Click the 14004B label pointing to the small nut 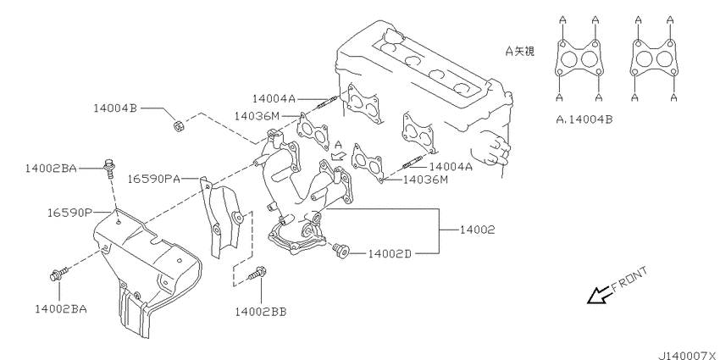pos(115,108)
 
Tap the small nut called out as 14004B pos(178,125)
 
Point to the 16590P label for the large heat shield pos(69,213)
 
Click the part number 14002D pos(390,254)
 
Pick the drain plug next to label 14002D pos(341,250)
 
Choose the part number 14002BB pos(260,312)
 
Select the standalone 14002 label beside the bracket pos(478,230)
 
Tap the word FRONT pos(629,280)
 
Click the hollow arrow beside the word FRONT pos(598,296)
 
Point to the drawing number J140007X pos(690,356)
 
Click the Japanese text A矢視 pos(520,52)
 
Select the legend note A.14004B pos(584,119)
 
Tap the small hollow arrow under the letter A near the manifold pos(337,155)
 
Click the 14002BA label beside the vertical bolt pos(51,169)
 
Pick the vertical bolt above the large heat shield pos(110,168)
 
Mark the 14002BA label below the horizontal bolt pos(61,309)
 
